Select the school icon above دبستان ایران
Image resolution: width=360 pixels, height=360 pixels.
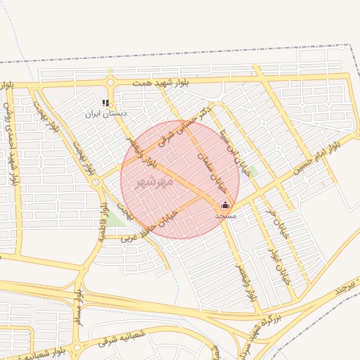(x=105, y=103)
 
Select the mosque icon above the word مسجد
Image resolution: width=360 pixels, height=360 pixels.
(x=225, y=205)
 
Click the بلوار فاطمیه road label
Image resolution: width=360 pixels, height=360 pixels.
(x=103, y=221)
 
